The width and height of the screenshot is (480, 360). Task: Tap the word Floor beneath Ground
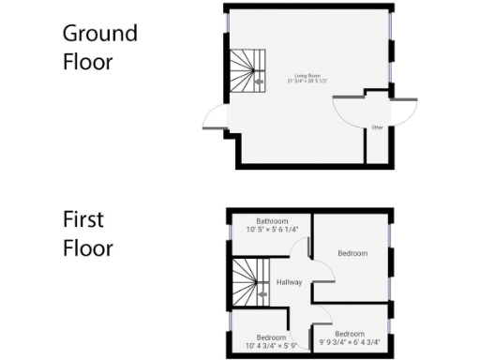(x=87, y=62)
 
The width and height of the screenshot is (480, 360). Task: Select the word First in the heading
(x=83, y=220)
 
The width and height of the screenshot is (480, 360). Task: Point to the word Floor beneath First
(x=87, y=248)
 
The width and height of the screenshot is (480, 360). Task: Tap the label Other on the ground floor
(x=377, y=127)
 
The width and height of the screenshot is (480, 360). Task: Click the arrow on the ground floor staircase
(x=260, y=82)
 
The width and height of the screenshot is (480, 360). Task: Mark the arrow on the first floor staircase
(x=261, y=293)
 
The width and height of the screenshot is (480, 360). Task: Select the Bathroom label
(x=272, y=220)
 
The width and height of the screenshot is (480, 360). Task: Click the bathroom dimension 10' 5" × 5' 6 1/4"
(x=272, y=229)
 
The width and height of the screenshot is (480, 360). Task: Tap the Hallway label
(x=288, y=281)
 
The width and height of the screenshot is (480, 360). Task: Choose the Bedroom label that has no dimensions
(x=352, y=254)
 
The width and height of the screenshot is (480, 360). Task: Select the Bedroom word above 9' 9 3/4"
(x=350, y=334)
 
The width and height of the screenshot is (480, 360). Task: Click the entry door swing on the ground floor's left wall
(x=213, y=117)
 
